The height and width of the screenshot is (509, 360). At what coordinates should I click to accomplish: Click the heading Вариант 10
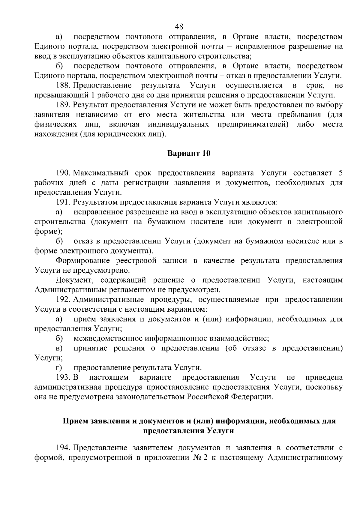(x=189, y=154)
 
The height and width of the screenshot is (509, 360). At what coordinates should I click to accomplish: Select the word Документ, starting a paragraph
(x=73, y=280)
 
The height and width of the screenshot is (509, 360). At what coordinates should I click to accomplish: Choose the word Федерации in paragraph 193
(x=252, y=397)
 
